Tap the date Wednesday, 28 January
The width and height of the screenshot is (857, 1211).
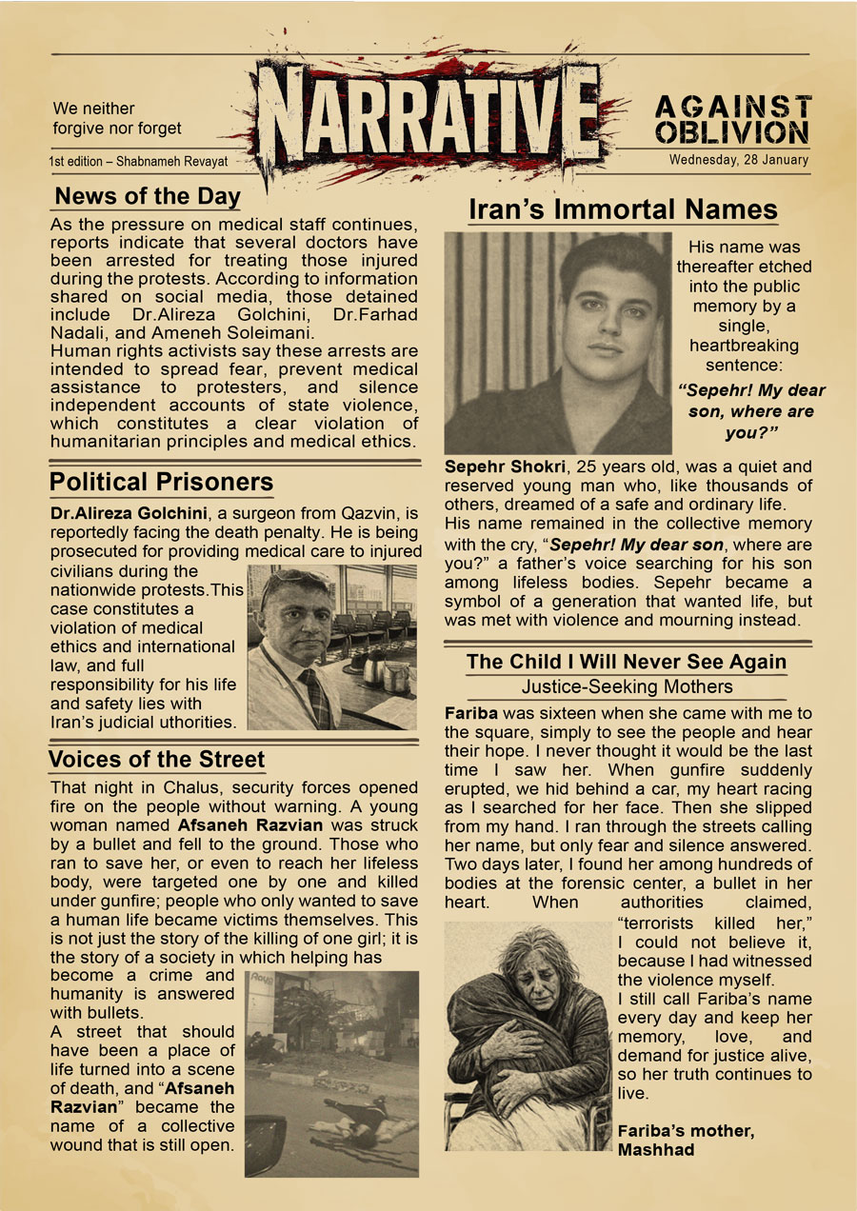(738, 159)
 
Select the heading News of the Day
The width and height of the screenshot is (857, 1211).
(147, 197)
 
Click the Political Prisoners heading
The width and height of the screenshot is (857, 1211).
(161, 482)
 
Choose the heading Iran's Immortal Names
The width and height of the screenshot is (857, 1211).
(623, 209)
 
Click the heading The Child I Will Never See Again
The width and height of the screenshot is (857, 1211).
(626, 662)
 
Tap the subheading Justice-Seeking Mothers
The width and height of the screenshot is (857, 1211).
(627, 686)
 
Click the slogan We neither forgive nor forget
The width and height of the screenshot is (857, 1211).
(116, 118)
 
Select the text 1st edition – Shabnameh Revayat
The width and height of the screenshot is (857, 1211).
(139, 162)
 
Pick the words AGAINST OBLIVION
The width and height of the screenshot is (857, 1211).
(732, 119)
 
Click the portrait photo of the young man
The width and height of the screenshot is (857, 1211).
(558, 344)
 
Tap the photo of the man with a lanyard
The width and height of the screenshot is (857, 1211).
(331, 647)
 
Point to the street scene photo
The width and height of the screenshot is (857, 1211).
(331, 1073)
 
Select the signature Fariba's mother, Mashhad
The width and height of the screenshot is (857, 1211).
(686, 1140)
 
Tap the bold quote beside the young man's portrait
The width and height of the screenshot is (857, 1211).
(751, 411)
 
